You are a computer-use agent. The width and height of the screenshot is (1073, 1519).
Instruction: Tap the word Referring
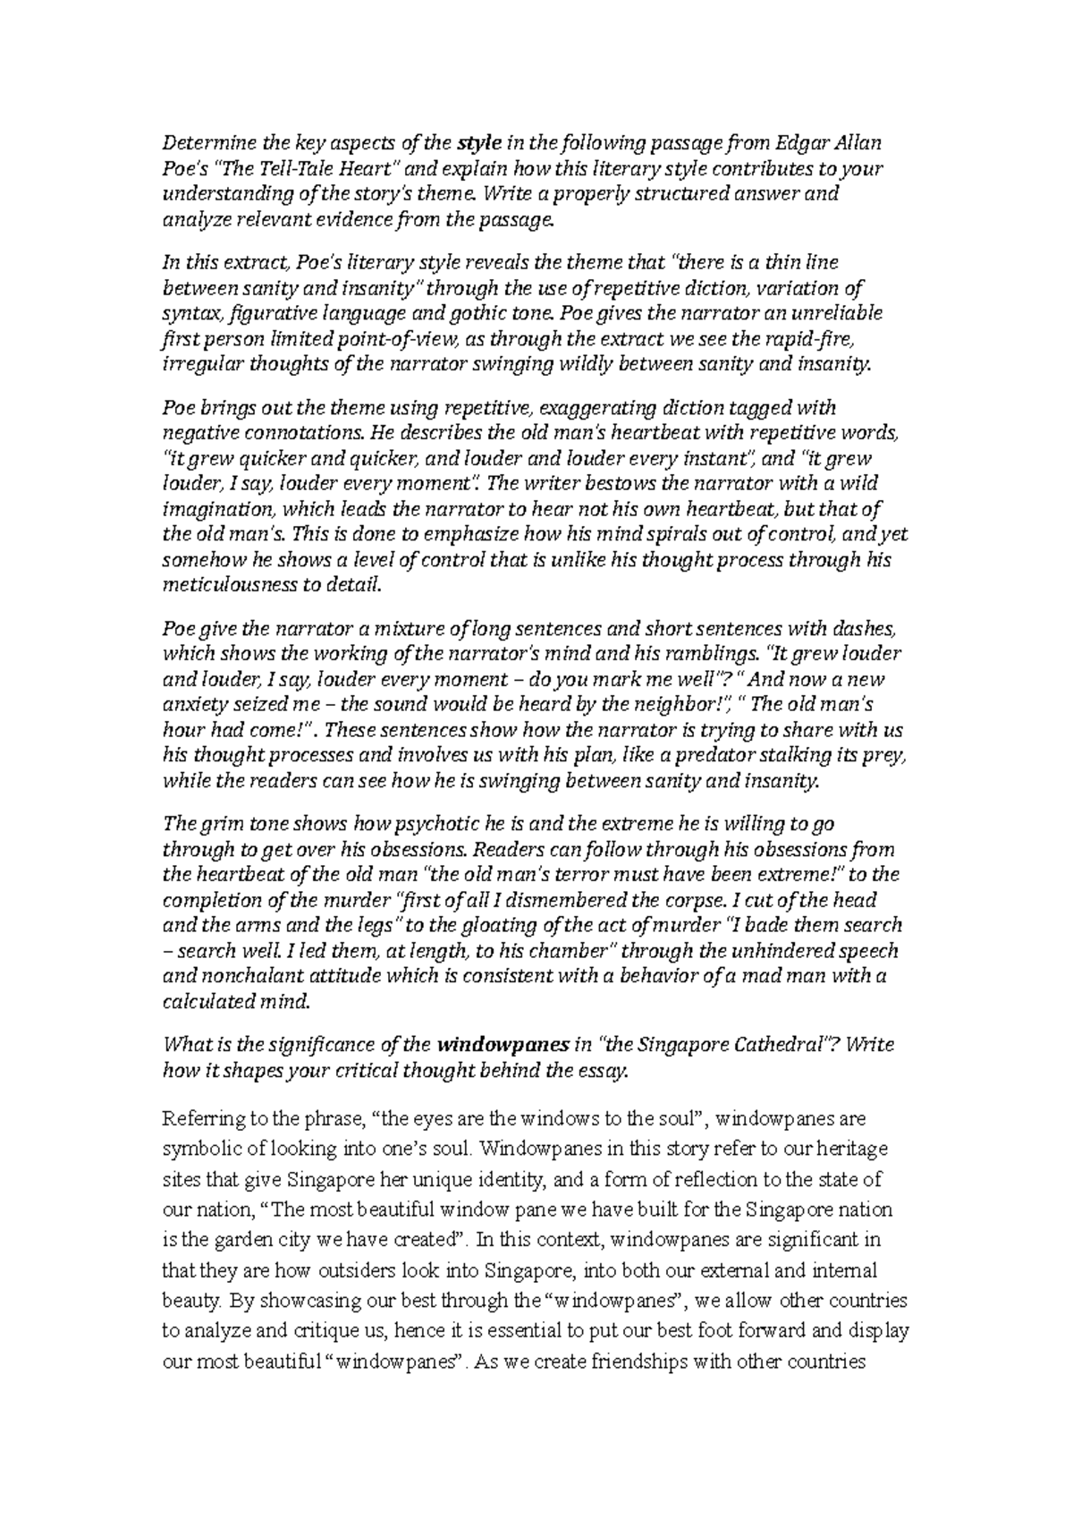(196, 1119)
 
